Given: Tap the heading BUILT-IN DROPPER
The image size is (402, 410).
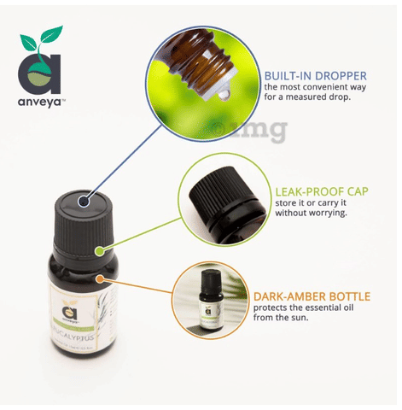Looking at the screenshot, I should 315,75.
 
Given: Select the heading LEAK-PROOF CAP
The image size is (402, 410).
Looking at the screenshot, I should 321,190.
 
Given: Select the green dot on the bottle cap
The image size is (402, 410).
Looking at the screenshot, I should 99,251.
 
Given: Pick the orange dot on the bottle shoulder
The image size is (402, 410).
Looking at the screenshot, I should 102,278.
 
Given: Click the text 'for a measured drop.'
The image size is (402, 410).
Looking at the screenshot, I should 306,97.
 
